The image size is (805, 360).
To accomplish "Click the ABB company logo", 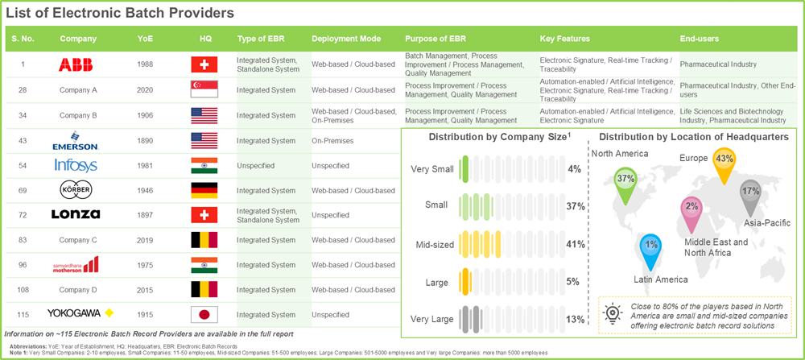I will point(77,64).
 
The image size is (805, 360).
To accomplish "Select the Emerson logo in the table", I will point(77,141).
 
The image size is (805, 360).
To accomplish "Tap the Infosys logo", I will point(77,165).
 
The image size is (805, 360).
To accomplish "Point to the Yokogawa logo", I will point(77,314).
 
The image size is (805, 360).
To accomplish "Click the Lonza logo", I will point(77,215).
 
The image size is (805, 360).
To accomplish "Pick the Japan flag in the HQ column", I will point(204,314).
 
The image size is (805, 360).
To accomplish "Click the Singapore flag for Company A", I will point(204,90).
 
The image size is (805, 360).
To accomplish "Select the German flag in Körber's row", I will point(204,190).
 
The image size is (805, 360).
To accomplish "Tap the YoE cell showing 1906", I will point(147,115).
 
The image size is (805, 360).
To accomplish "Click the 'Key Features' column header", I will point(564,38).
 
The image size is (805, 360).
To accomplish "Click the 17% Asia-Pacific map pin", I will point(751,192).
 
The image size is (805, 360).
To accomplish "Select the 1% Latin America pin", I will point(652,245).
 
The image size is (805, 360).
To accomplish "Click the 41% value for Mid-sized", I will point(574,243).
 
